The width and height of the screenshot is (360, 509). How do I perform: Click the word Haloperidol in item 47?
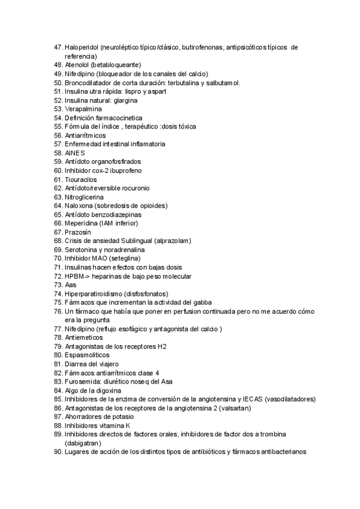82,47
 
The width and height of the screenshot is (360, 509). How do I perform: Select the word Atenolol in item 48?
77,65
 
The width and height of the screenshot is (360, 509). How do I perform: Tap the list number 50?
58,83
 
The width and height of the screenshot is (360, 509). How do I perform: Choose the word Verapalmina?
83,109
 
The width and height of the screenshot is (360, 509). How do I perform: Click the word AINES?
75,153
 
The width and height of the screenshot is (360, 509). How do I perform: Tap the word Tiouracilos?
81,179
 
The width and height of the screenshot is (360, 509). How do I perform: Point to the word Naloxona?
79,206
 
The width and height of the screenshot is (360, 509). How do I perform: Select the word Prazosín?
78,232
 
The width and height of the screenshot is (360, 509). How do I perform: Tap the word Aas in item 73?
71,285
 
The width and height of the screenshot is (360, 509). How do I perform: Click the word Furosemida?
82,381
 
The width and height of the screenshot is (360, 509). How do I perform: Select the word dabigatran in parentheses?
85,443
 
